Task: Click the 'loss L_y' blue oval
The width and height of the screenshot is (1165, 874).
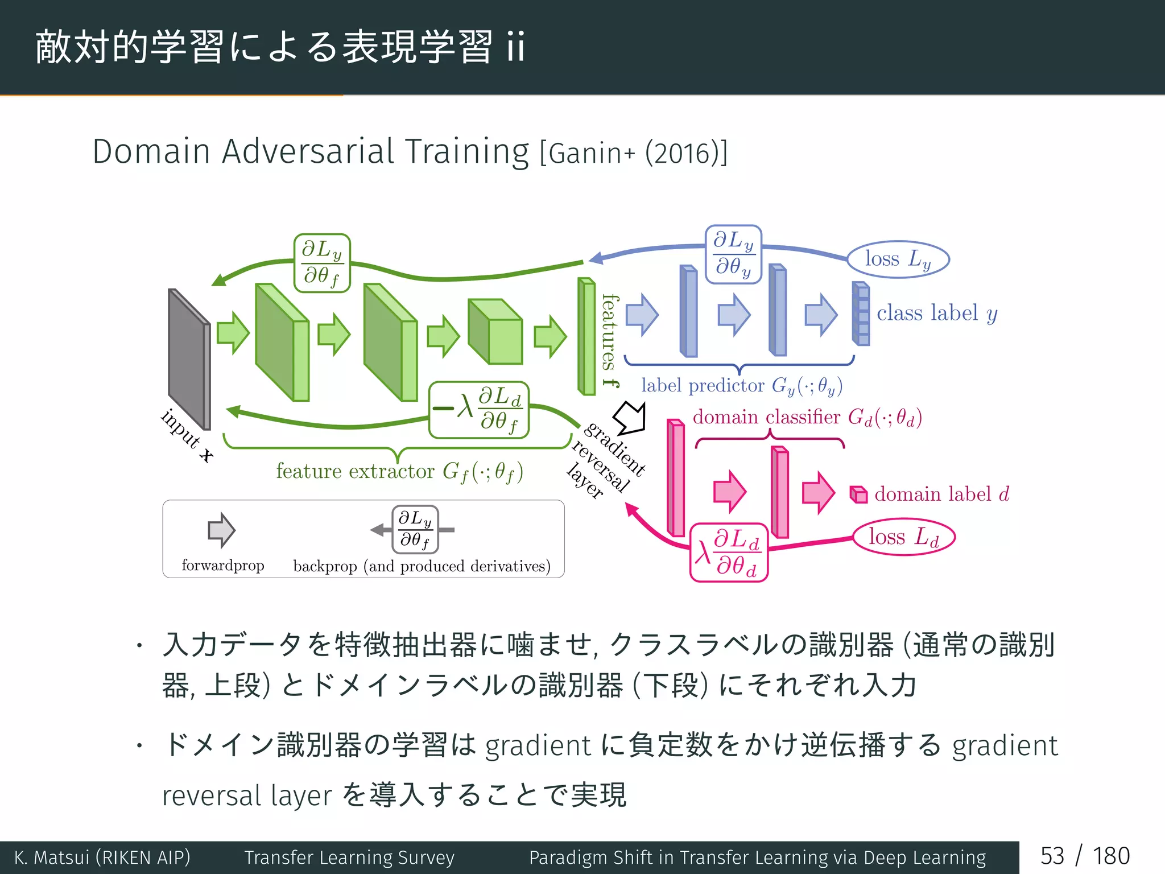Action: [x=898, y=259]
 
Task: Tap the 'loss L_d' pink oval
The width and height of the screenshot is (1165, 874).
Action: [x=903, y=537]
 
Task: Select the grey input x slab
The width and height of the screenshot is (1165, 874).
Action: [x=189, y=358]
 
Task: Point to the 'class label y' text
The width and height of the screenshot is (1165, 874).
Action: [x=936, y=314]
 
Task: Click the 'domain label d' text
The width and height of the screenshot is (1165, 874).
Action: [x=941, y=494]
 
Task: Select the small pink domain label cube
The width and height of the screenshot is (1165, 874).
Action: [x=858, y=494]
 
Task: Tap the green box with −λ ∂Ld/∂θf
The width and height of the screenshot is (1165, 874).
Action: [x=479, y=410]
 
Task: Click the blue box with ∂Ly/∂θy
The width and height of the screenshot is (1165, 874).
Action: [x=733, y=254]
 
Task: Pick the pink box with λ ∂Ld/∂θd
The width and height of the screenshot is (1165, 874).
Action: [x=729, y=553]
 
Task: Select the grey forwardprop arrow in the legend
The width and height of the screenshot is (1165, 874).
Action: [x=221, y=530]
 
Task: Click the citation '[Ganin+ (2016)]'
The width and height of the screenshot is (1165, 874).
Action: [x=633, y=153]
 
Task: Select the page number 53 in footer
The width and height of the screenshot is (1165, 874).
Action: [x=1052, y=856]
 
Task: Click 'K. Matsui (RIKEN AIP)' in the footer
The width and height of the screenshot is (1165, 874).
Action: [x=102, y=857]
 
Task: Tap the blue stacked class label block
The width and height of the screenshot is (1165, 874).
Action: [x=861, y=314]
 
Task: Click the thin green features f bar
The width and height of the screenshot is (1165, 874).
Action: [x=586, y=336]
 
